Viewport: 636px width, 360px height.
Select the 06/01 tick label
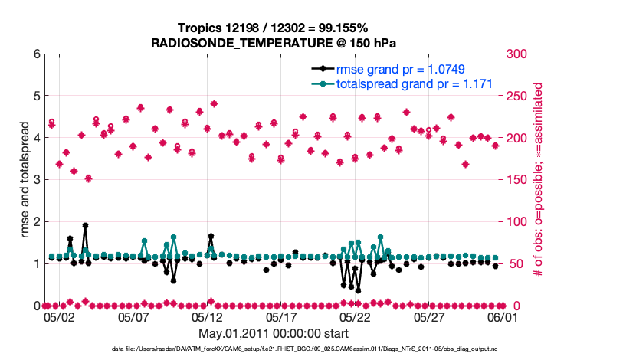[x=503, y=316]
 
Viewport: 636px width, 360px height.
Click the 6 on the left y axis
[x=36, y=54]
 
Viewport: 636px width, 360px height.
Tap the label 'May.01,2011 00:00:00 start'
[x=274, y=333]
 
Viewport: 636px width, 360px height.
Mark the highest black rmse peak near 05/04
[x=85, y=226]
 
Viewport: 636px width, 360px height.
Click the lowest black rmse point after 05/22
[x=358, y=290]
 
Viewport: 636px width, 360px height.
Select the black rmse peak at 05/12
[x=211, y=237]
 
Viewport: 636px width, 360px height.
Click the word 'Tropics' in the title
[x=198, y=27]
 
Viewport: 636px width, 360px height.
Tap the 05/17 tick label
[x=282, y=316]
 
